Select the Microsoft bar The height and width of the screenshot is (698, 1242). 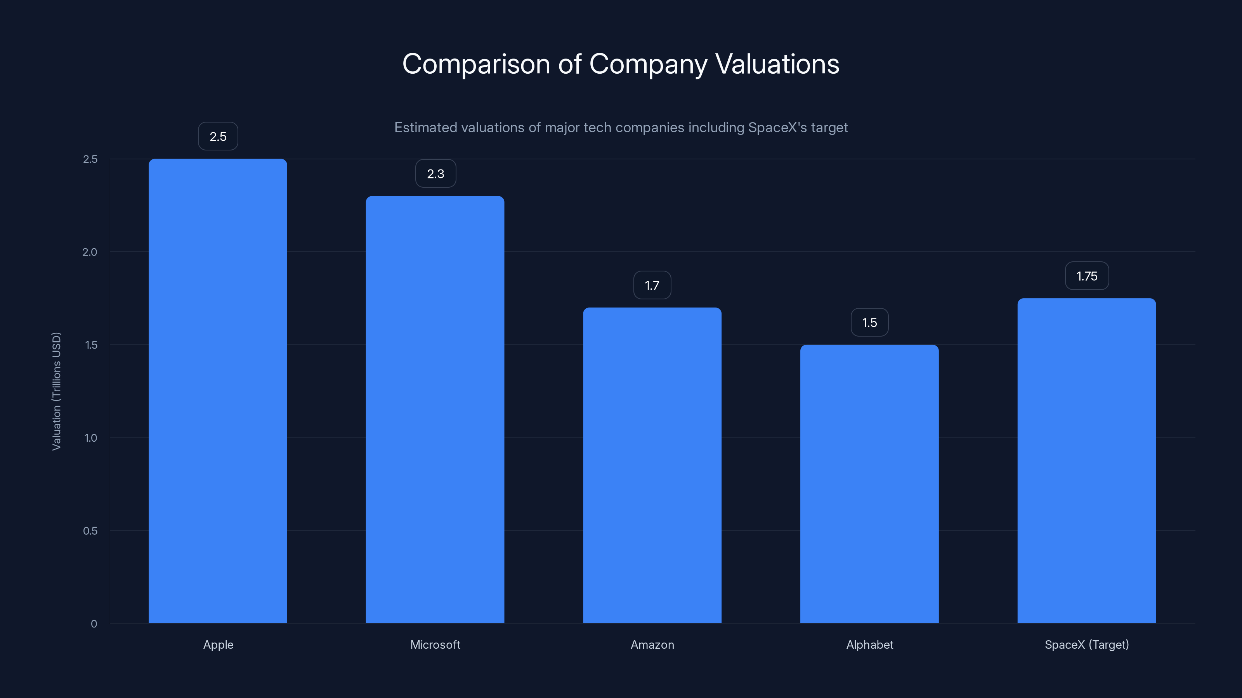(x=435, y=409)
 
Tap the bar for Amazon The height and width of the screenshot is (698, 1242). (x=652, y=465)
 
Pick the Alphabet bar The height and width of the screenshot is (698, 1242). (x=869, y=484)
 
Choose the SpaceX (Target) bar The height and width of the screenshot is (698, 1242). (x=1086, y=461)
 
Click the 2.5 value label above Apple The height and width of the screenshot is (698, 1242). (x=218, y=136)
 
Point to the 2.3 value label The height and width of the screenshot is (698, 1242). (x=435, y=173)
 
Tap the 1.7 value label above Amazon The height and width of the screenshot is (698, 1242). (x=652, y=285)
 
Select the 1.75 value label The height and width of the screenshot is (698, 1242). (x=1087, y=276)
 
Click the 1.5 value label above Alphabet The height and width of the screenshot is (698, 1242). (x=869, y=322)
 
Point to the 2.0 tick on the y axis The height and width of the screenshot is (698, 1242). (x=90, y=252)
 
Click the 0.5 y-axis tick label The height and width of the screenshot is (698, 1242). (x=90, y=530)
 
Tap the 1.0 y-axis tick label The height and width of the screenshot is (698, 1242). (x=90, y=437)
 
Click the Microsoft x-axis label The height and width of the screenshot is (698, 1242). (x=435, y=644)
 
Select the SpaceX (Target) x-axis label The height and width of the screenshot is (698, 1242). (x=1086, y=644)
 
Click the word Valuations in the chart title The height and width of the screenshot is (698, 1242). (x=777, y=64)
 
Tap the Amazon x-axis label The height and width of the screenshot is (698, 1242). (x=652, y=644)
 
